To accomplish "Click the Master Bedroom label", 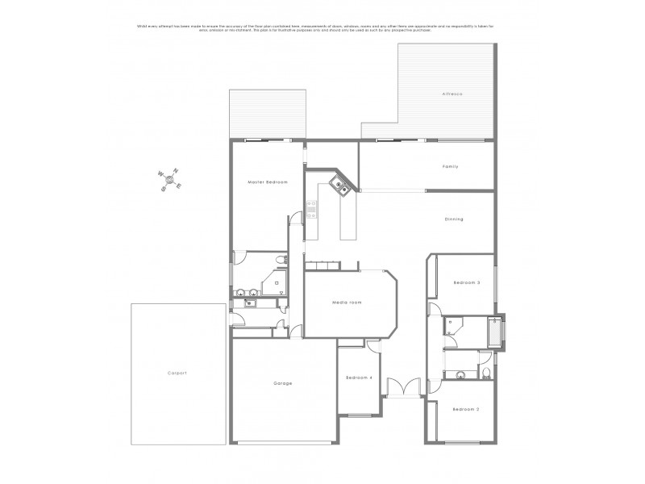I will (268, 183).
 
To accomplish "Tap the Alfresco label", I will (451, 94).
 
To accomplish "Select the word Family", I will (450, 166).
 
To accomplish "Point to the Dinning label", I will (454, 219).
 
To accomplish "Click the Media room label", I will (347, 302).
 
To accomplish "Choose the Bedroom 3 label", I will (466, 282).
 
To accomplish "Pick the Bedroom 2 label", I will (466, 410).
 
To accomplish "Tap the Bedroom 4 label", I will (359, 378).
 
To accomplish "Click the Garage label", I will (282, 382).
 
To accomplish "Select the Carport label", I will (177, 373).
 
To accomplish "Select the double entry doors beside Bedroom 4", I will (403, 388).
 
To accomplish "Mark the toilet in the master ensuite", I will (279, 260).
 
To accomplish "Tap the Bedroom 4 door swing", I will (372, 346).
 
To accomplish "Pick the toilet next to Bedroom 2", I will (488, 372).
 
